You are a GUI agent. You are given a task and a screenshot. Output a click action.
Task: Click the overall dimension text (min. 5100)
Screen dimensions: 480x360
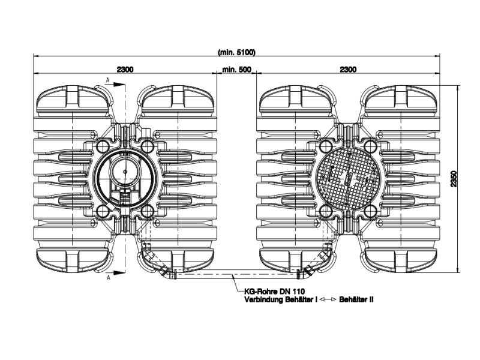coord(236,52)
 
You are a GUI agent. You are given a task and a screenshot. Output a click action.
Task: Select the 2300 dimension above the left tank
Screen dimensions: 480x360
coord(125,70)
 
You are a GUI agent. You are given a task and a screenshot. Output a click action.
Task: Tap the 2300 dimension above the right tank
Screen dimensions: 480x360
coord(348,70)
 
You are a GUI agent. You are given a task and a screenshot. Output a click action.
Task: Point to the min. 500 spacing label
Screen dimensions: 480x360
coord(236,70)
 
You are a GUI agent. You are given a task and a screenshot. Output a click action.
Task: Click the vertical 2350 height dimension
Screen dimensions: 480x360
coord(454,179)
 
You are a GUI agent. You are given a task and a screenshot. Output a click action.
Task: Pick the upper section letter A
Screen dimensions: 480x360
coord(107,80)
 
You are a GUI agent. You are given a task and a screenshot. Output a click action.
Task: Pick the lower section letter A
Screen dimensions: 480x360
coord(109,277)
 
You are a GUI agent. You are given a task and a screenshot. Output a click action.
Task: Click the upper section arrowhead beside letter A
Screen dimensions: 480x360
coord(119,85)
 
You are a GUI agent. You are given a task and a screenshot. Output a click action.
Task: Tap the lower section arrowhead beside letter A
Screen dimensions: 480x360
coord(119,272)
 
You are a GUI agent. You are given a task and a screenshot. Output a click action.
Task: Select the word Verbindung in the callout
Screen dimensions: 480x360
coord(263,299)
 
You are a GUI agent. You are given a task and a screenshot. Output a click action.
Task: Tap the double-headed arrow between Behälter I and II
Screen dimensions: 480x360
coord(328,299)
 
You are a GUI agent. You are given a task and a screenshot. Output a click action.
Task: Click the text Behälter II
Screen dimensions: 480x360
coord(356,299)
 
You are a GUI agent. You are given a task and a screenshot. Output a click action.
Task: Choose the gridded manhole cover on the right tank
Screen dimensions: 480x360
coord(348,178)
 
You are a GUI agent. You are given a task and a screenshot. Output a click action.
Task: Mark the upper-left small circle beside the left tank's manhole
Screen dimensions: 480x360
coord(102,145)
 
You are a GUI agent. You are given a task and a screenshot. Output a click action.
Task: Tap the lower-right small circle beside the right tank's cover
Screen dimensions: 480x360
coord(371,211)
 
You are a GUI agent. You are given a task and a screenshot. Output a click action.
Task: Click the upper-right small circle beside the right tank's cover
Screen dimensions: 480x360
coord(371,145)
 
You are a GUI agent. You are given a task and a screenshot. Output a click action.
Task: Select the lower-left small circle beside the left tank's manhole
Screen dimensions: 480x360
coord(102,211)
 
